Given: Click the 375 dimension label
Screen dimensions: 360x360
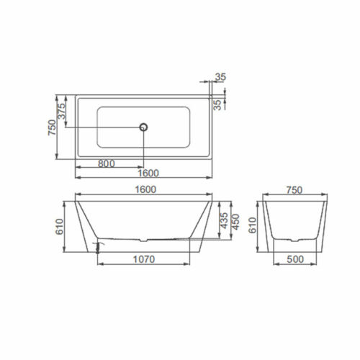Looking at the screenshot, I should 62,112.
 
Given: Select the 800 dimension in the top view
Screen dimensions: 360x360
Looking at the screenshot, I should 107,163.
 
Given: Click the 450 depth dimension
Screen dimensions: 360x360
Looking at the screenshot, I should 235,223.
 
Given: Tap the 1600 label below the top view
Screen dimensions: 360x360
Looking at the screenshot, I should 146,174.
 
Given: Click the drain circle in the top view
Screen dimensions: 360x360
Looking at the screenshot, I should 144,127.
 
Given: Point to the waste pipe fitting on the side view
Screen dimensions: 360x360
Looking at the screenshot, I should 96,246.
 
